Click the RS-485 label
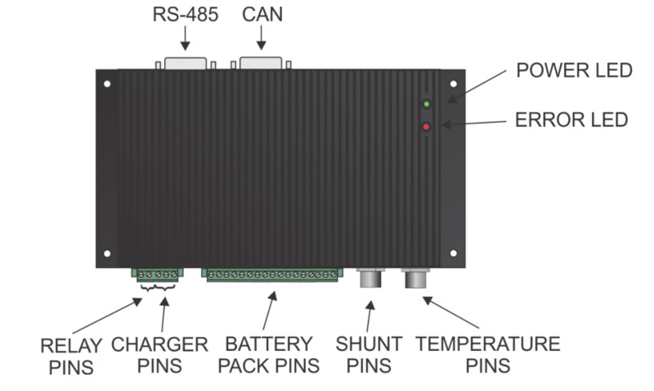(x=186, y=15)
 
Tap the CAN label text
(x=262, y=15)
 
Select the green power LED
(x=426, y=104)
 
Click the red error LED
(x=426, y=127)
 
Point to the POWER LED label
(x=575, y=70)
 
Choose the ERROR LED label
(x=571, y=119)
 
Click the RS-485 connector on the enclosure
(x=186, y=63)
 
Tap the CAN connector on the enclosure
(x=261, y=63)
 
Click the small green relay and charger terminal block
(x=158, y=275)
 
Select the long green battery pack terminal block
(x=272, y=275)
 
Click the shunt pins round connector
(x=370, y=278)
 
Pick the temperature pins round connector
(x=415, y=278)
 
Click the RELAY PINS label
(x=71, y=357)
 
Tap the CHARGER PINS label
(x=159, y=355)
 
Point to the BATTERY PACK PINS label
(x=269, y=355)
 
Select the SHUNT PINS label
(x=369, y=355)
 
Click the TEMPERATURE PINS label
(x=488, y=355)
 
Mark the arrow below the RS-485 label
(x=186, y=38)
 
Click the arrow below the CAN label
(x=262, y=38)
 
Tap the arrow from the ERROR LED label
(x=474, y=123)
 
